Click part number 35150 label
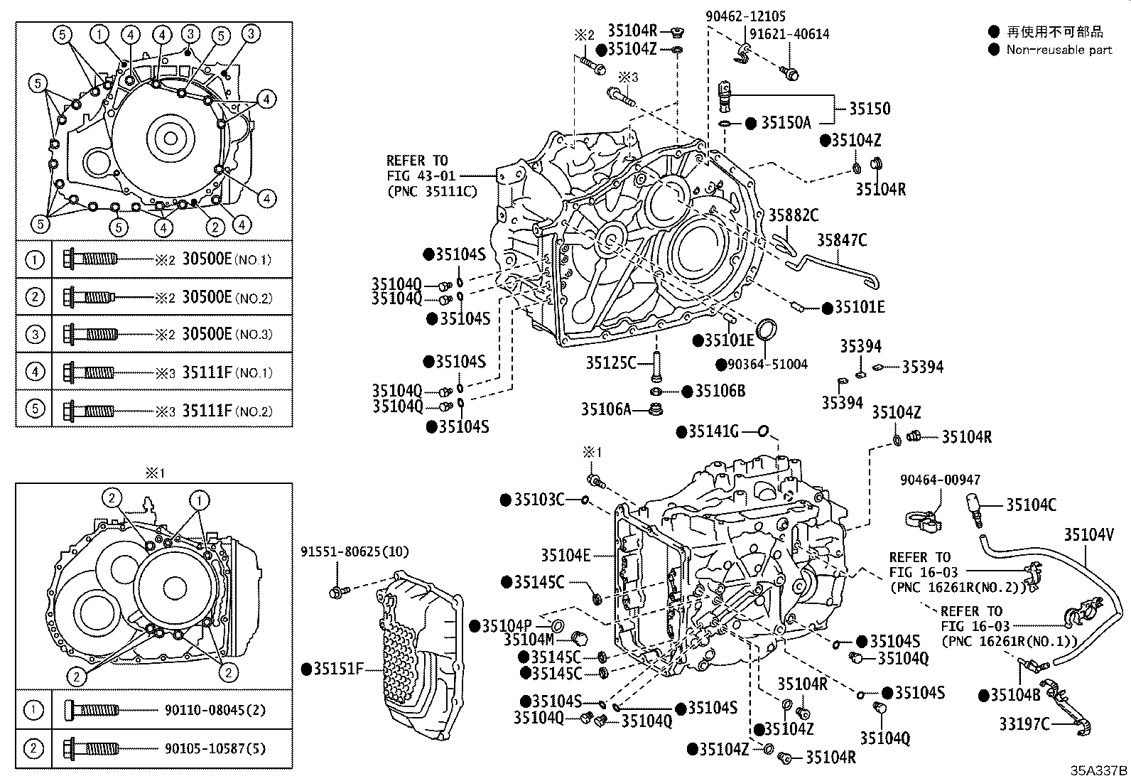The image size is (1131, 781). click(870, 109)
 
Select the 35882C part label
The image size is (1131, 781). click(794, 215)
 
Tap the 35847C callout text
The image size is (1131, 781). click(842, 240)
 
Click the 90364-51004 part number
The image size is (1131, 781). click(767, 365)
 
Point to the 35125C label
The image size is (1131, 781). click(611, 362)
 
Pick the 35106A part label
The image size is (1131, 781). click(606, 409)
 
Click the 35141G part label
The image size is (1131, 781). click(714, 431)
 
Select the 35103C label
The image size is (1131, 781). click(539, 500)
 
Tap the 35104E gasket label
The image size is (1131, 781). click(565, 556)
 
